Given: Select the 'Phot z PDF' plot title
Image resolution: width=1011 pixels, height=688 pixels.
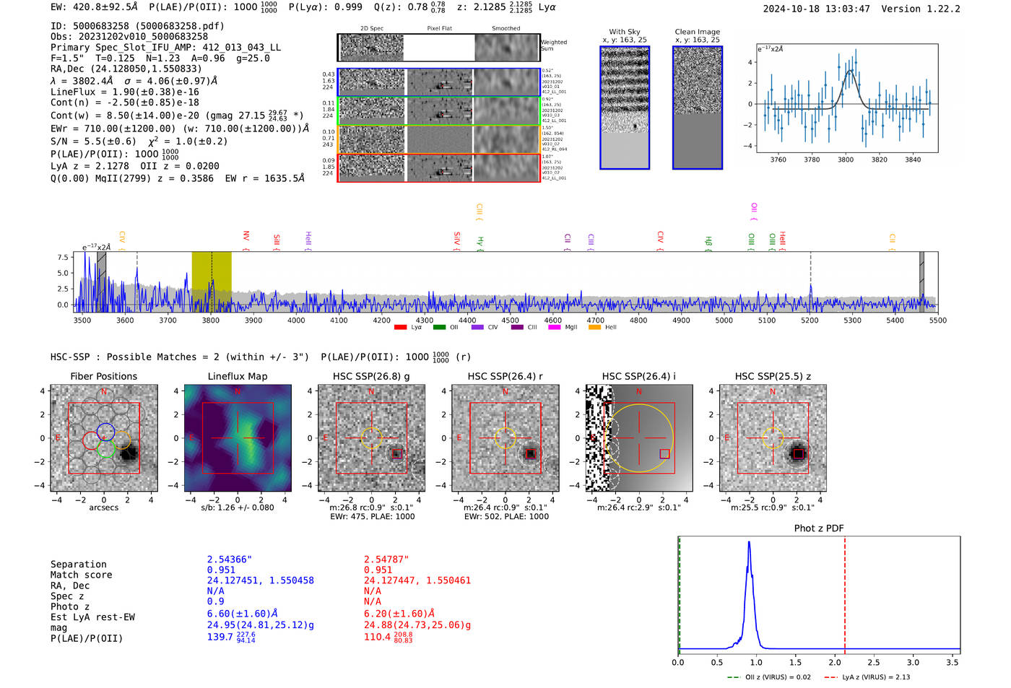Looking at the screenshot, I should pyautogui.click(x=818, y=528).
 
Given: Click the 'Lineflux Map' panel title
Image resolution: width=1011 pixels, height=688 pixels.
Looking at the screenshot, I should pyautogui.click(x=237, y=376).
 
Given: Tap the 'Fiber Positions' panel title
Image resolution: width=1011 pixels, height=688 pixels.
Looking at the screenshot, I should pyautogui.click(x=103, y=376).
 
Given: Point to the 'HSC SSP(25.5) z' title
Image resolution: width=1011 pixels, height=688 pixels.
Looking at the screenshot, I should pyautogui.click(x=773, y=376).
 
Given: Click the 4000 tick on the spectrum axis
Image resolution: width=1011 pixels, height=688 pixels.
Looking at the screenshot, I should pyautogui.click(x=296, y=320).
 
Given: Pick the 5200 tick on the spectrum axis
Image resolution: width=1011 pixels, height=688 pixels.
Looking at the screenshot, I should pyautogui.click(x=810, y=320).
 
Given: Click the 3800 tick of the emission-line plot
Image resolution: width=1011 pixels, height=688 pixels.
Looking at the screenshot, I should pyautogui.click(x=846, y=160).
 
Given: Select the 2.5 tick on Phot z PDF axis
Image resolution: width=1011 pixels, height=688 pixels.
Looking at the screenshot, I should pyautogui.click(x=874, y=662).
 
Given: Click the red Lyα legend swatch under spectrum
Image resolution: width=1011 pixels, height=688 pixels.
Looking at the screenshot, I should pyautogui.click(x=400, y=327).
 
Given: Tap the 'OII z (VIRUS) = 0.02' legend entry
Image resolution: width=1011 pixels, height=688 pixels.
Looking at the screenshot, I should pyautogui.click(x=769, y=677).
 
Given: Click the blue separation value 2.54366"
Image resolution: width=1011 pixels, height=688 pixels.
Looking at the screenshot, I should pyautogui.click(x=229, y=559).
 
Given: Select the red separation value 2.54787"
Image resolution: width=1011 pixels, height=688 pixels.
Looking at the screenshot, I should pyautogui.click(x=386, y=559).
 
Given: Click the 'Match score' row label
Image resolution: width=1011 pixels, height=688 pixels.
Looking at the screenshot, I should pyautogui.click(x=81, y=575).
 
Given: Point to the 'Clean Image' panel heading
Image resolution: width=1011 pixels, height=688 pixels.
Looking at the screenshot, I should pyautogui.click(x=697, y=32).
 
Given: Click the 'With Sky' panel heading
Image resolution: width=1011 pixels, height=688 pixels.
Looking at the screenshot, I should pyautogui.click(x=624, y=32).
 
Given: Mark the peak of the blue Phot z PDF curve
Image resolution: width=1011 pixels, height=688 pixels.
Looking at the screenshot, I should pyautogui.click(x=749, y=542).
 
